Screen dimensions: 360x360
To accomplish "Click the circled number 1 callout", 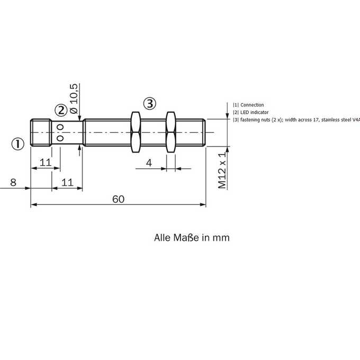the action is pos(17,144).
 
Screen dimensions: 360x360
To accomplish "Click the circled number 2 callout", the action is pos(61,111).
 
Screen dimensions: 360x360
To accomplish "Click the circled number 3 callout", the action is pos(150,104).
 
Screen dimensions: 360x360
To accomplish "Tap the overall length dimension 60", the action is pos(118,199).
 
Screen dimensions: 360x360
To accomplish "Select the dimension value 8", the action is pos(13,182).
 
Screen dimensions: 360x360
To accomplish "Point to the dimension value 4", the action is pos(149,163).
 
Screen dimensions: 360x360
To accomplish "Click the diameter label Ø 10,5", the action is pos(74,98).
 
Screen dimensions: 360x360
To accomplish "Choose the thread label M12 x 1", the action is pos(222,170).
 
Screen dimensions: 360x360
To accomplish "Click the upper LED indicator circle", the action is pos(60,127).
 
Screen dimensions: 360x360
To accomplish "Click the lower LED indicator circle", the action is pos(60,138).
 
